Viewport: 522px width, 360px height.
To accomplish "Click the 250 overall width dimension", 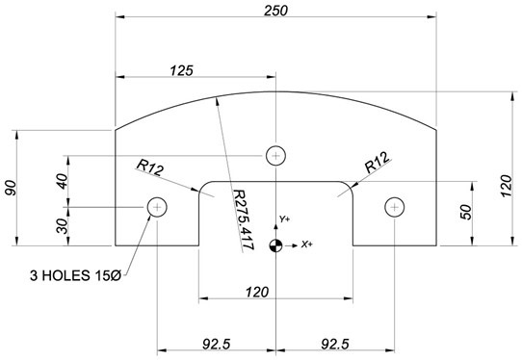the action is (275, 11).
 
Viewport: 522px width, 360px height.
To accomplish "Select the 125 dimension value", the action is (181, 70).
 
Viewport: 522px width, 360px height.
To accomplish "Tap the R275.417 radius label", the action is (244, 219).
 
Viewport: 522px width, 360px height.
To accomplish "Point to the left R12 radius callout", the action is (150, 167).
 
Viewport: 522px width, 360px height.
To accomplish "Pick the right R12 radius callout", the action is (378, 162).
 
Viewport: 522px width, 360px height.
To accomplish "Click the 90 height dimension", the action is (10, 188).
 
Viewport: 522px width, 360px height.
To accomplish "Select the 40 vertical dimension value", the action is (63, 181).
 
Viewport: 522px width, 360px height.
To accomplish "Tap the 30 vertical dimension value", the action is (63, 226).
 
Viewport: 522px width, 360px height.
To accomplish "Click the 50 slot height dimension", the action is (466, 213).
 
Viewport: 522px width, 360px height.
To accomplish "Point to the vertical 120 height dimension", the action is (506, 186).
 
